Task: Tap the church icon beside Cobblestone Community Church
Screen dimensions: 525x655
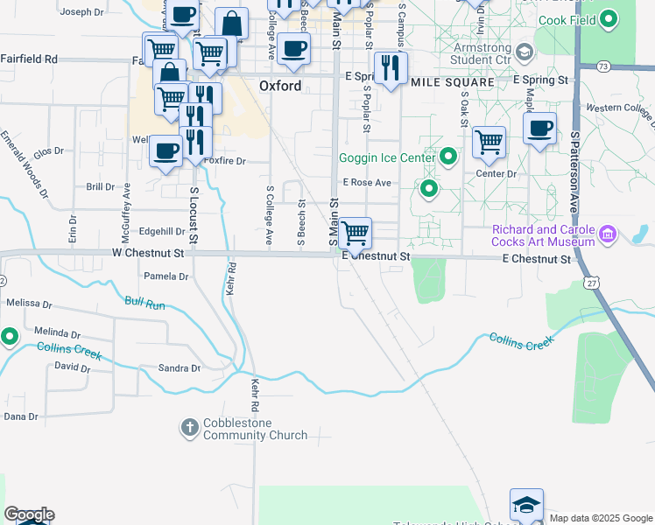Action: pyautogui.click(x=189, y=428)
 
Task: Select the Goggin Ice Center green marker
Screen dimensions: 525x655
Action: pyautogui.click(x=448, y=157)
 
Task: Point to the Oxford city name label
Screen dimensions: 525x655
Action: pyautogui.click(x=280, y=86)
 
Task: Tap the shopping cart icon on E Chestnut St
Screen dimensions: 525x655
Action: pyautogui.click(x=355, y=234)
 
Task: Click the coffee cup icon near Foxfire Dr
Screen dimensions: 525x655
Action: pyautogui.click(x=165, y=151)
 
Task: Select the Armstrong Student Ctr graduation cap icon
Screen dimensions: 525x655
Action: pyautogui.click(x=525, y=52)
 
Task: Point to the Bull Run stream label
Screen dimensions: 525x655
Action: pyautogui.click(x=144, y=303)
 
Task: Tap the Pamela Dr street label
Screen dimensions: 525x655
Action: pyautogui.click(x=166, y=276)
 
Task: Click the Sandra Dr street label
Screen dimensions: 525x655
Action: pyautogui.click(x=179, y=368)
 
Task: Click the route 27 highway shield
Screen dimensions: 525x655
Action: pyautogui.click(x=593, y=283)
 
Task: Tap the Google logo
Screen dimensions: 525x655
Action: pyautogui.click(x=29, y=514)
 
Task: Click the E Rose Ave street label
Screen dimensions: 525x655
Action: pyautogui.click(x=367, y=183)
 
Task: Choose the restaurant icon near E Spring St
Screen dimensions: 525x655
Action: pyautogui.click(x=391, y=66)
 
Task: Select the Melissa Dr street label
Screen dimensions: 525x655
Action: pyautogui.click(x=28, y=303)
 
